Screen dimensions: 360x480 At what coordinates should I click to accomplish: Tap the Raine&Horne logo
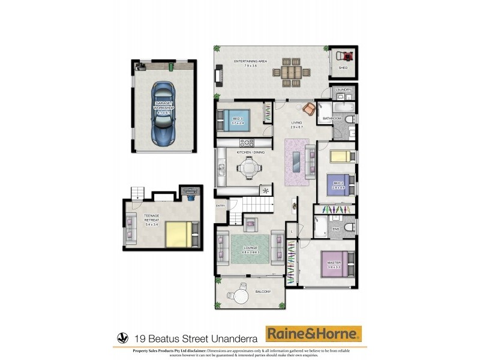[x=314, y=333]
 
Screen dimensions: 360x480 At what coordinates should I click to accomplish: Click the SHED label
[x=343, y=68]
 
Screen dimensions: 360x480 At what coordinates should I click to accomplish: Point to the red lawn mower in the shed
[x=344, y=56]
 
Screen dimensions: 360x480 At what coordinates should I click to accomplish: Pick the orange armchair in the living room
[x=309, y=109]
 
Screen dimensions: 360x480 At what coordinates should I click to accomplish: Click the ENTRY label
[x=220, y=206]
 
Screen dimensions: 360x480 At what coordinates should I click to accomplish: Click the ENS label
[x=336, y=229]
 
